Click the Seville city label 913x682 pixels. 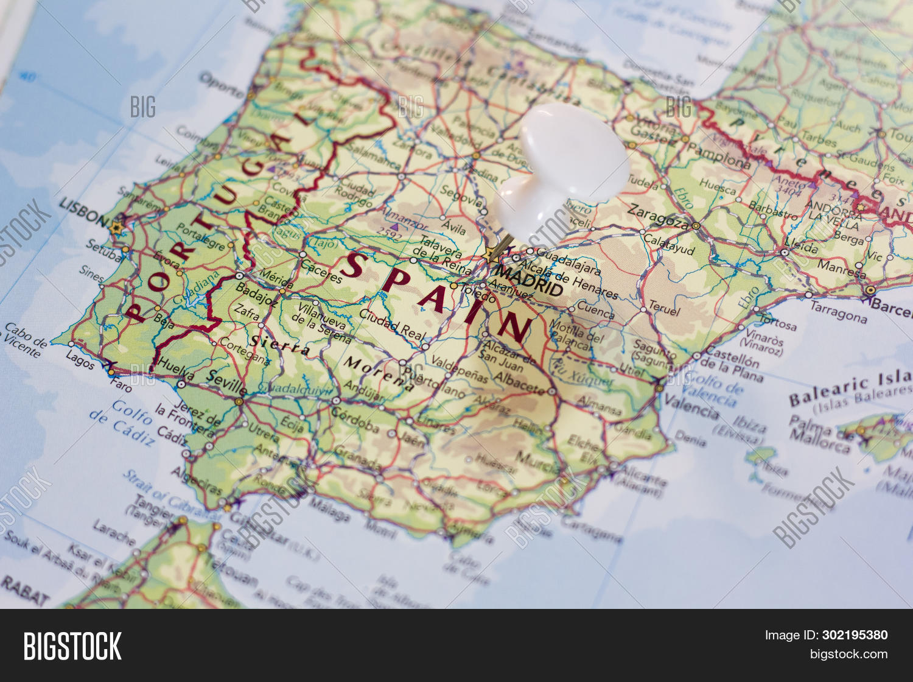coord(226,382)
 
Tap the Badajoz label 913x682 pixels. coord(256,294)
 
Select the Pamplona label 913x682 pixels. coord(718,156)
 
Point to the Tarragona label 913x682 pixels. coord(839,312)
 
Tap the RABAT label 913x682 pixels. coord(24,590)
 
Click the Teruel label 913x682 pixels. coord(664,308)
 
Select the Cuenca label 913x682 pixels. coord(595,310)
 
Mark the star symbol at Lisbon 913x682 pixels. coord(116,228)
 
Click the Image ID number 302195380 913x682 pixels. coord(855,635)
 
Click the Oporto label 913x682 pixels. coord(222,85)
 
